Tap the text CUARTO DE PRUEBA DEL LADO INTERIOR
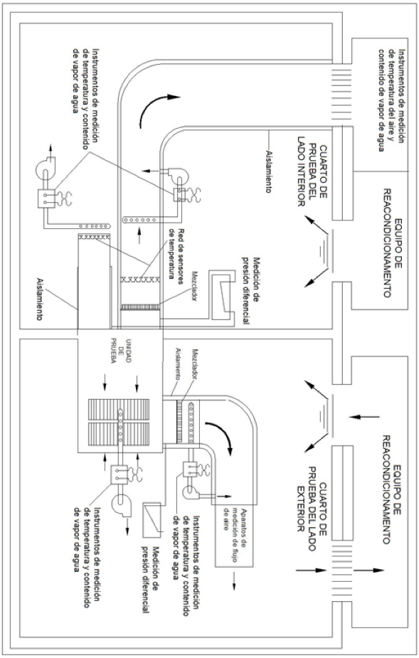(x=312, y=176)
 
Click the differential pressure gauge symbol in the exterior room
(x=152, y=519)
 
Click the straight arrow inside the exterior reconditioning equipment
(x=364, y=417)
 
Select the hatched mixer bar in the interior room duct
(x=140, y=307)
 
